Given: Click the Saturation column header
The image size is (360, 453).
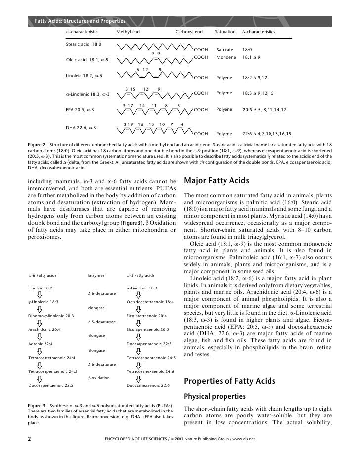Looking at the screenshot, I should click(225, 32).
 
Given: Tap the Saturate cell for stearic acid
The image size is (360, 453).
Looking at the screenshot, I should click(225, 50).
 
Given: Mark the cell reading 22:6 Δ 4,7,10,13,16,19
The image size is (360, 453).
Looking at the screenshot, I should click(267, 133).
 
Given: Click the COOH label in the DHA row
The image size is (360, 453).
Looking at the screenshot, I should click(201, 133).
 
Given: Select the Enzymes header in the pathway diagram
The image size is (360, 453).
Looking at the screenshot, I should click(95, 275).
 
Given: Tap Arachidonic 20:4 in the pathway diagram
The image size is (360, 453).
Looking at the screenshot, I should click(45, 329).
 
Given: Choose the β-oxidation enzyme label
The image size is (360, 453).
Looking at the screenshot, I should click(99, 378).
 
